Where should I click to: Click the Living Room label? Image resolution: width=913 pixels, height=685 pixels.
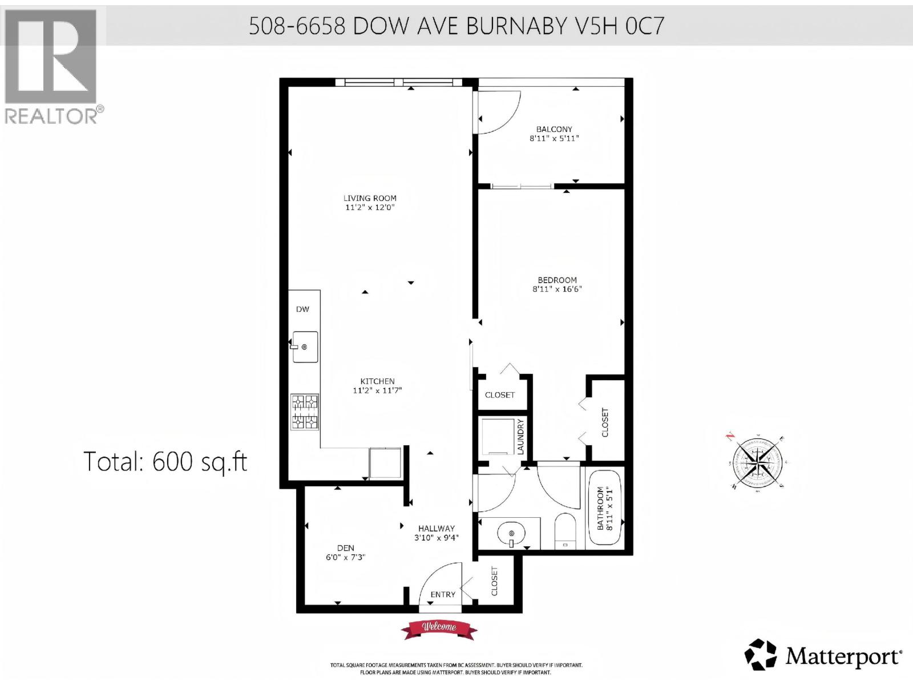click(370, 198)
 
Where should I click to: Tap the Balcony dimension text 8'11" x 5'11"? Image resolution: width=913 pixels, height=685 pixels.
click(554, 138)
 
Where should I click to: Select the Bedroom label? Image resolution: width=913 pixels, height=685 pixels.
click(557, 280)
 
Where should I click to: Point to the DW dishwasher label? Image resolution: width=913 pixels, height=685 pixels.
click(302, 309)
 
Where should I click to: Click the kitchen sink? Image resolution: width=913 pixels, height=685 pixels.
click(305, 346)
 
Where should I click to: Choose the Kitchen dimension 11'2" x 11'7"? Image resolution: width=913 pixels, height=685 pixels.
click(377, 390)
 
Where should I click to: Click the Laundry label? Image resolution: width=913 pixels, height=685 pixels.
click(520, 437)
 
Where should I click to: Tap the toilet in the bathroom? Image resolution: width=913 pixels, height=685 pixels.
click(565, 531)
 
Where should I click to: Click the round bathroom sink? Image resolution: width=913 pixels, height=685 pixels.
click(510, 535)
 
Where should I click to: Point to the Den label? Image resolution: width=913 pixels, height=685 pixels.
click(345, 548)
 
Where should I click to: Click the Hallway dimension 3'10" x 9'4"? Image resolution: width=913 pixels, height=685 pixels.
click(436, 537)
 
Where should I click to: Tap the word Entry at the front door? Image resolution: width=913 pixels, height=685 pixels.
click(443, 594)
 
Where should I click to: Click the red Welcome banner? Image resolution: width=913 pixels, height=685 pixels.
click(439, 627)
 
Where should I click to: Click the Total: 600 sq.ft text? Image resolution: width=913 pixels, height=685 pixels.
click(165, 461)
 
